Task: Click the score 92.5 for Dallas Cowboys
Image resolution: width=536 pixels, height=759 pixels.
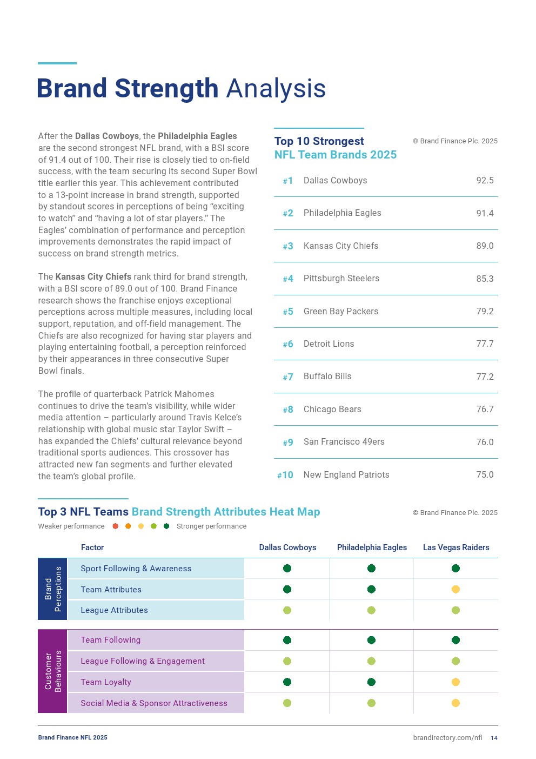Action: (485, 181)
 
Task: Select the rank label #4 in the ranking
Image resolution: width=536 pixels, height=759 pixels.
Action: (288, 279)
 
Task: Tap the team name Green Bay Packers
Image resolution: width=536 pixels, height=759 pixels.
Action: (340, 312)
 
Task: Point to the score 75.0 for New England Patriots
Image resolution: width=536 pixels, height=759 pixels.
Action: (485, 474)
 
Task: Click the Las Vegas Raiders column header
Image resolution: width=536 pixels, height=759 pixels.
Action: (456, 547)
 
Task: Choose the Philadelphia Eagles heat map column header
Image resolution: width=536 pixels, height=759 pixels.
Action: (372, 547)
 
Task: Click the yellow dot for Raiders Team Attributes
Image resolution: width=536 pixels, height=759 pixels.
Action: (455, 589)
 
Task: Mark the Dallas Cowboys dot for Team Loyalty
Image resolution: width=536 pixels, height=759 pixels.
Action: (287, 682)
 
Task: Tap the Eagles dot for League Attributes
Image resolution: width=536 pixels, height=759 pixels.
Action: (371, 610)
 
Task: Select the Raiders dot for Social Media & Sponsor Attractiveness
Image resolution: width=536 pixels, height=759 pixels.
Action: (455, 703)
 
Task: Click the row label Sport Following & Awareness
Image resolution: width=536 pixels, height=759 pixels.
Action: (136, 569)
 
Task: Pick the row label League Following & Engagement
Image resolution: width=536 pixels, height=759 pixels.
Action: (142, 661)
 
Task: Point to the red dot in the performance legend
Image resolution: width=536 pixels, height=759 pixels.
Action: (115, 526)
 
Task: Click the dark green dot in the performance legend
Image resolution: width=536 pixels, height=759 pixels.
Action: (166, 526)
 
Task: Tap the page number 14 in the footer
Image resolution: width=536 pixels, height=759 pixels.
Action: (494, 738)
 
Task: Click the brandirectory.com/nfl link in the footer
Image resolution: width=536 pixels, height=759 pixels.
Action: (447, 738)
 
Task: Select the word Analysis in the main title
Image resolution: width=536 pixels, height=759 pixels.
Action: (276, 89)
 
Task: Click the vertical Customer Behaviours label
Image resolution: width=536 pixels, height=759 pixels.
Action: (52, 671)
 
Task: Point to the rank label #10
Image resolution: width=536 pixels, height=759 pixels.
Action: (285, 475)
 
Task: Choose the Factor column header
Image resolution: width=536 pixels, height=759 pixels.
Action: (92, 547)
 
